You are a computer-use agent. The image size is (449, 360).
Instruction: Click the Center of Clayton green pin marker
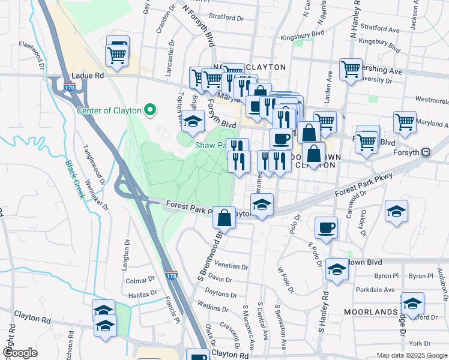click(151, 110)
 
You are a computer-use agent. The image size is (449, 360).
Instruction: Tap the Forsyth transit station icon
click(426, 152)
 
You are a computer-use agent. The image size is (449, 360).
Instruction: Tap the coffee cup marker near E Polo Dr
click(326, 227)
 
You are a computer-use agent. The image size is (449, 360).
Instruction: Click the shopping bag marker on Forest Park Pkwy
click(224, 217)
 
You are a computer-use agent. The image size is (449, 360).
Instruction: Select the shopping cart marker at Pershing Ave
click(351, 68)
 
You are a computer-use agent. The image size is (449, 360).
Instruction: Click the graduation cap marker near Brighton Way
click(193, 122)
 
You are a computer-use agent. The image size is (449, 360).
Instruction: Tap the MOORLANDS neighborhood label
click(371, 312)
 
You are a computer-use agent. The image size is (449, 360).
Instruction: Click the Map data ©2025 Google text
click(412, 355)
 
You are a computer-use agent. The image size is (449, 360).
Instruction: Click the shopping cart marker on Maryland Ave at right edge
click(405, 122)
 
